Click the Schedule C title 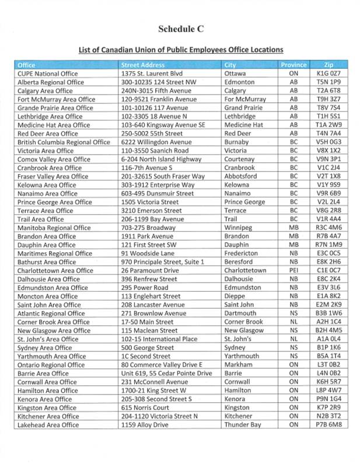point(180,29)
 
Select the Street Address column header point(142,65)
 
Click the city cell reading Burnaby point(238,142)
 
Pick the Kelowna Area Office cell point(48,185)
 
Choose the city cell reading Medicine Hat point(244,125)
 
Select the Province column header point(294,65)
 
